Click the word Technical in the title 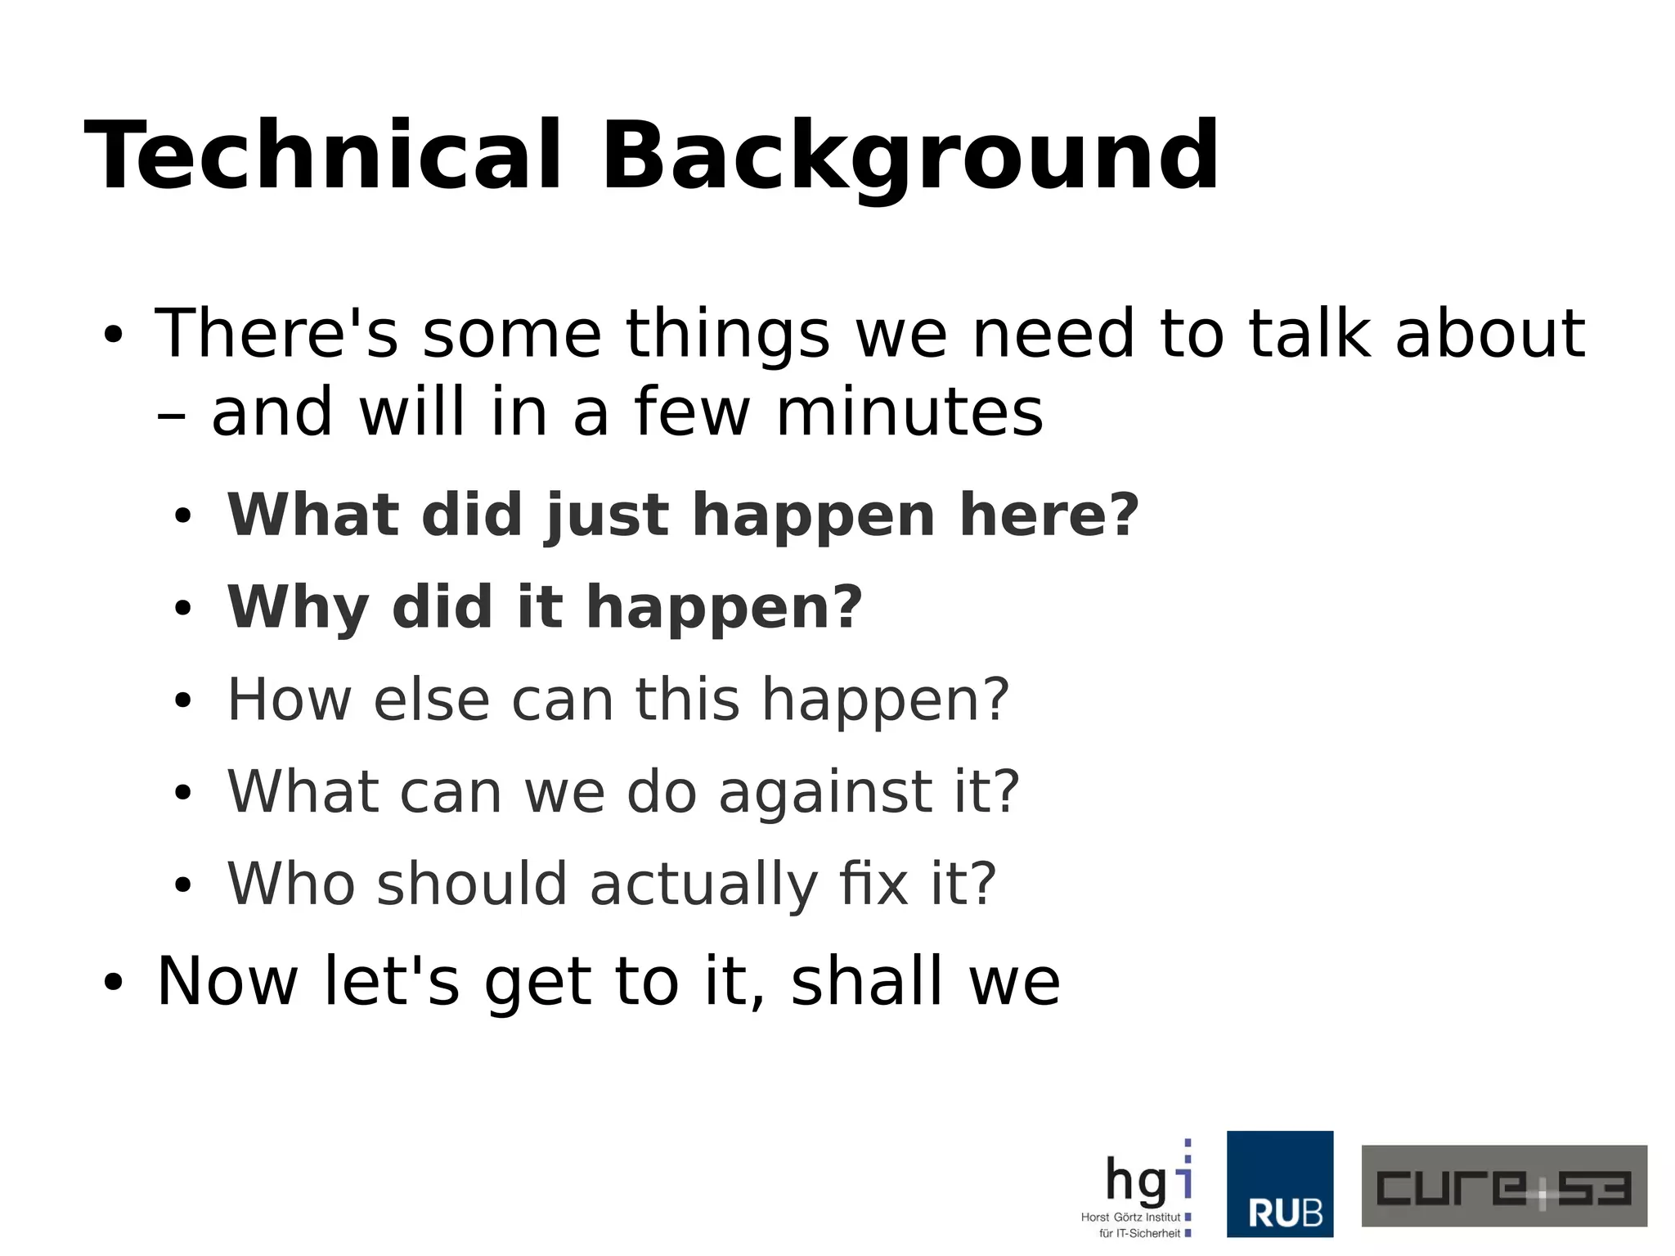click(x=322, y=155)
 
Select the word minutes click(x=909, y=412)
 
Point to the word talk click(x=1309, y=333)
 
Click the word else click(x=431, y=700)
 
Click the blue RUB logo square click(x=1279, y=1183)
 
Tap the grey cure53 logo click(x=1503, y=1186)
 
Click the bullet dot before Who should click(x=182, y=885)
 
